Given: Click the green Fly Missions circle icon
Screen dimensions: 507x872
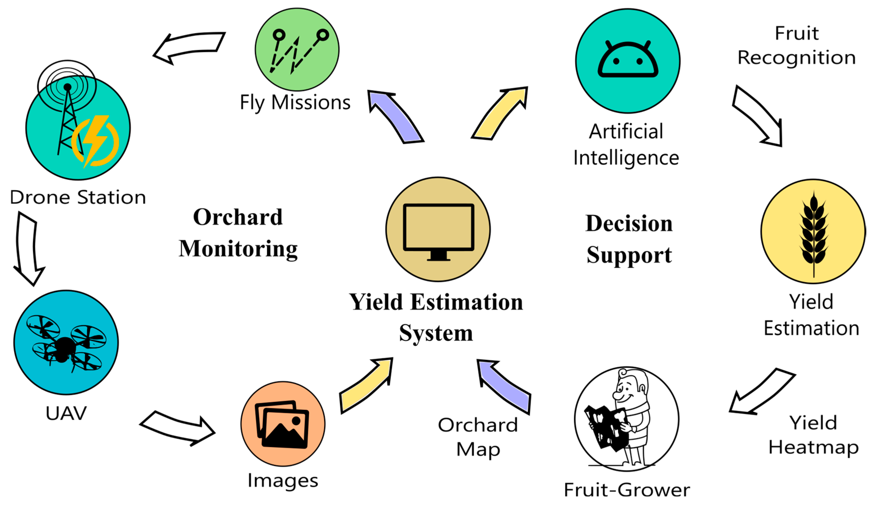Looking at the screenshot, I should [297, 50].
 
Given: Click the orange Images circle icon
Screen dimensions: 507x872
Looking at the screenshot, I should [283, 424].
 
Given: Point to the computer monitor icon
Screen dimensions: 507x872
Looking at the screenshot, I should [438, 230].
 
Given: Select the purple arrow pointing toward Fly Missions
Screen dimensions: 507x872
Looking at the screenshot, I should [395, 116].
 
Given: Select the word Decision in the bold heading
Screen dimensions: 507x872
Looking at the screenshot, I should [629, 223].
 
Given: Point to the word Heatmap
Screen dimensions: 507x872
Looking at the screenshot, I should [813, 447].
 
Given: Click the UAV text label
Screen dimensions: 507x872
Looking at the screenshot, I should [66, 413].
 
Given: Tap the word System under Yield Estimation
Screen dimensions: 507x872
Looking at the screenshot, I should [436, 333].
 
